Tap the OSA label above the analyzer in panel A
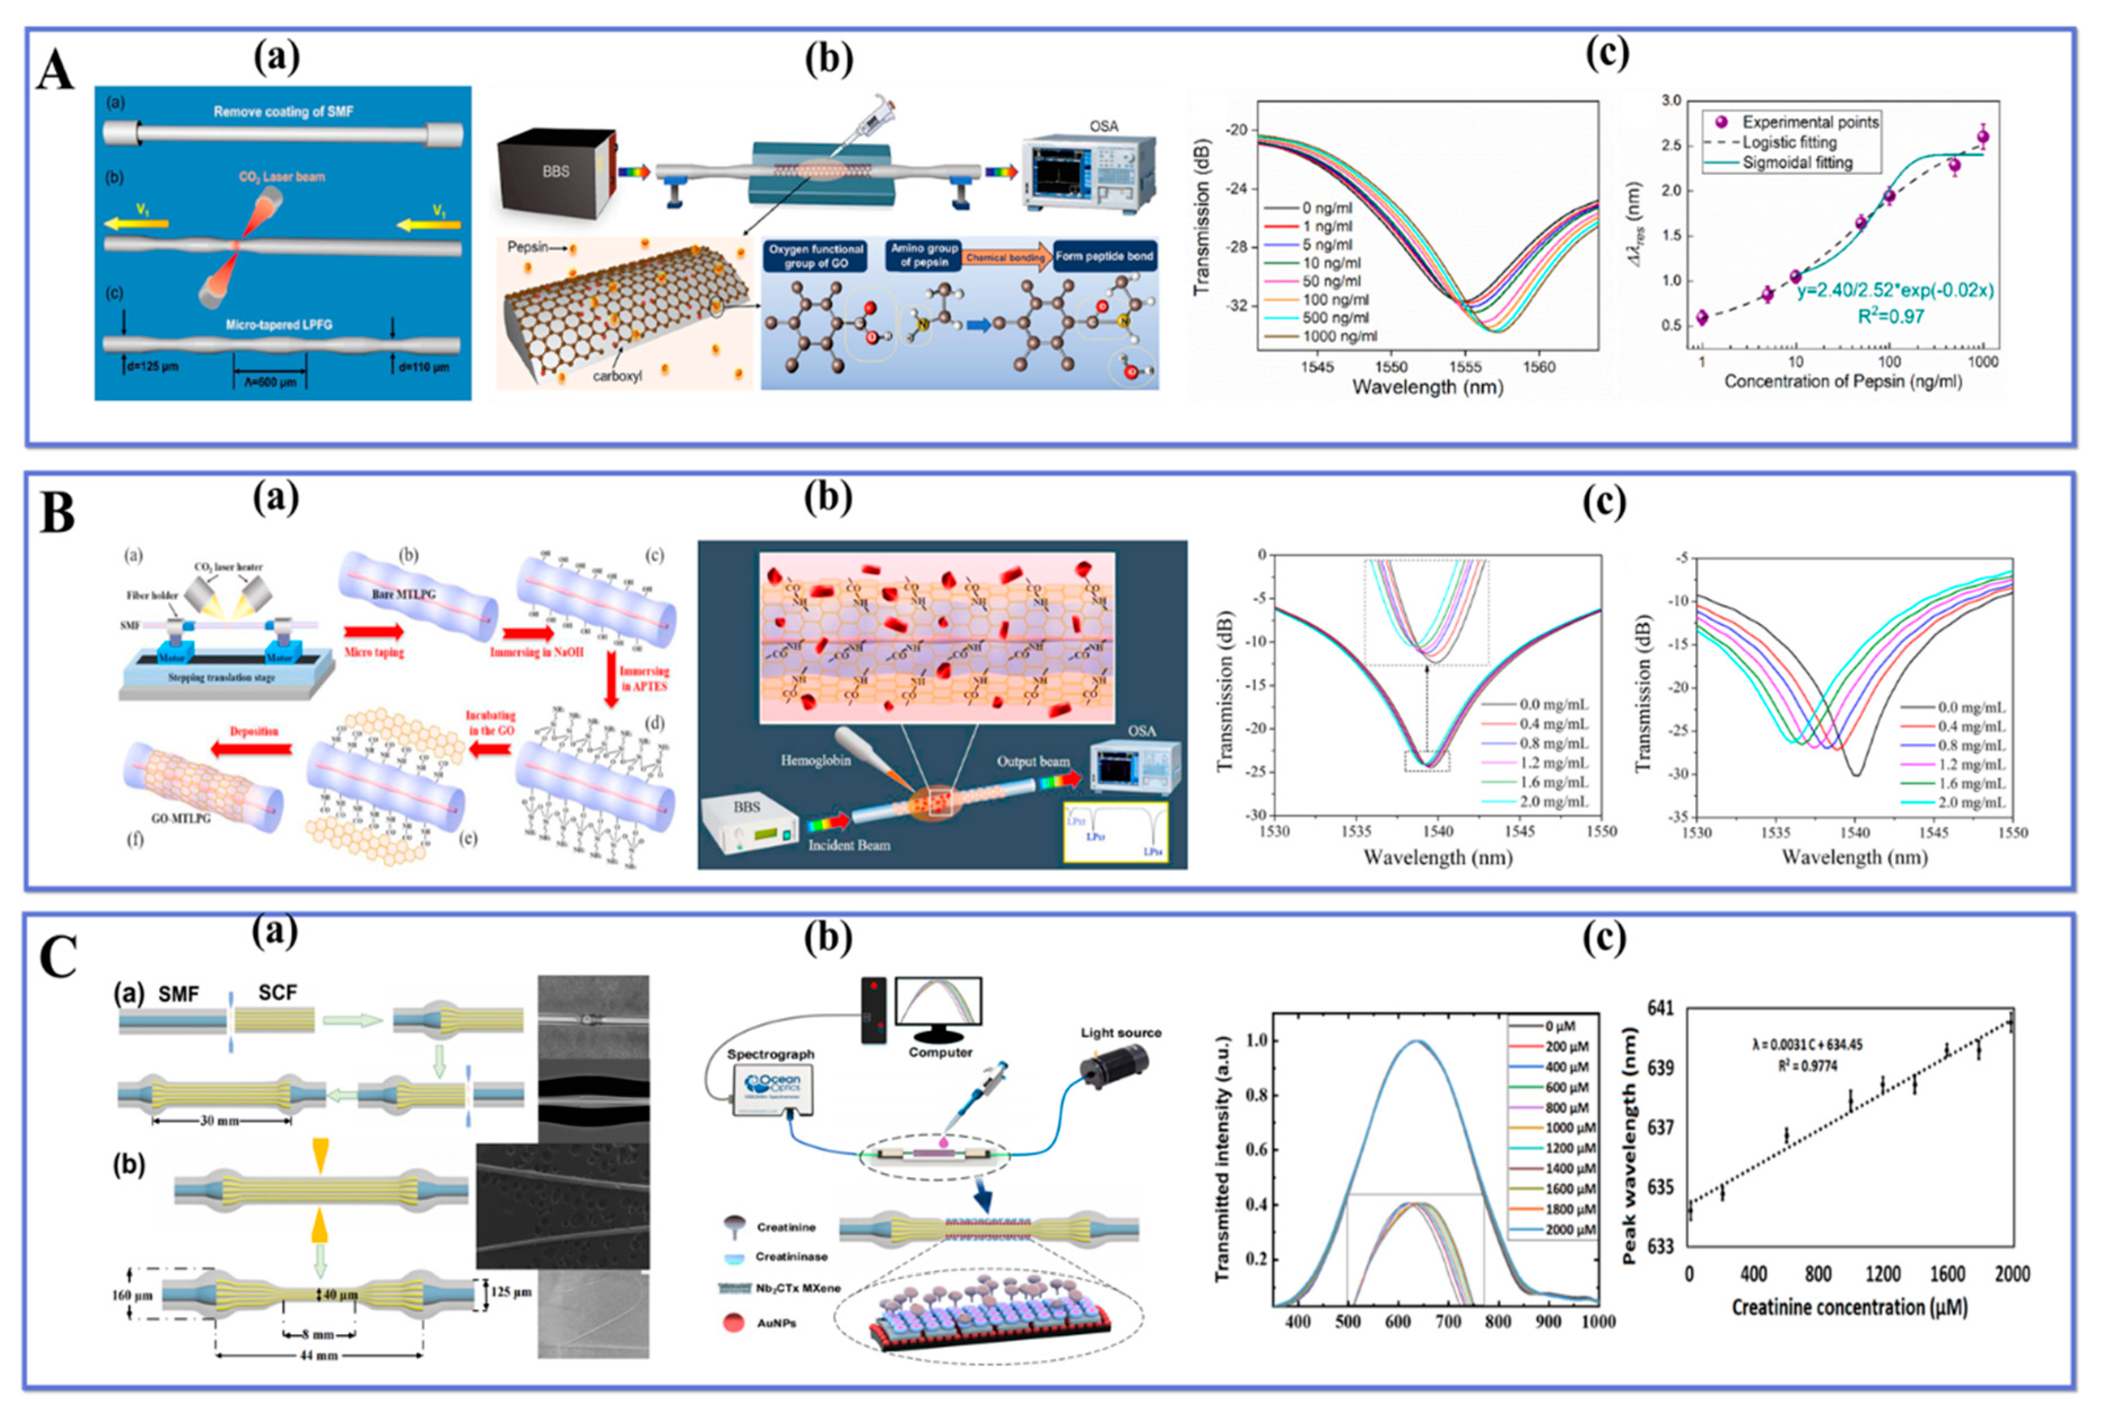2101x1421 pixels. (x=1103, y=126)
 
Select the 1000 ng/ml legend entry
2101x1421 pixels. (x=1339, y=336)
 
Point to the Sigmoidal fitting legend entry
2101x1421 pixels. (x=1797, y=163)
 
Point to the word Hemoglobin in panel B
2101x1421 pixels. (x=816, y=760)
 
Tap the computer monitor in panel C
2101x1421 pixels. (x=938, y=1003)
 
